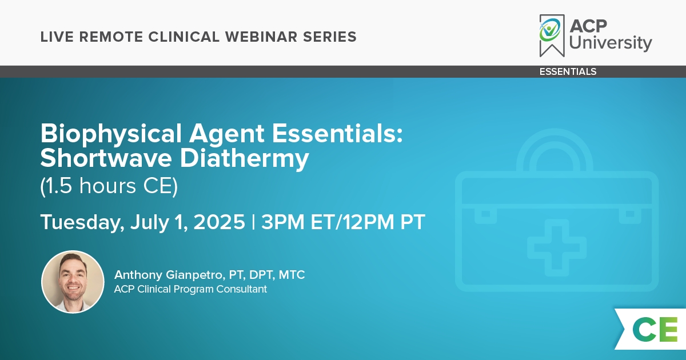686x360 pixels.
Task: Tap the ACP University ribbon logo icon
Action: [552, 35]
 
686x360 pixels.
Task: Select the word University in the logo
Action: [611, 43]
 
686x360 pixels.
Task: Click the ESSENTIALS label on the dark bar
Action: [568, 71]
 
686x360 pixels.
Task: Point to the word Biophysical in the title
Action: [111, 134]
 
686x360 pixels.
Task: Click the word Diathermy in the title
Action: [244, 159]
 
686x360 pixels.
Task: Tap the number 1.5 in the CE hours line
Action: [57, 186]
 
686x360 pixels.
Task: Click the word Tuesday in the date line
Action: [82, 222]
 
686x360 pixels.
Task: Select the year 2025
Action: [220, 222]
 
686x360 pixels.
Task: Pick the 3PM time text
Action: [282, 222]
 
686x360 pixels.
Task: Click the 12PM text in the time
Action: [368, 222]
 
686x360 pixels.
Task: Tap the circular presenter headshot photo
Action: [73, 282]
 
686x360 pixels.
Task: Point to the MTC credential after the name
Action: [292, 275]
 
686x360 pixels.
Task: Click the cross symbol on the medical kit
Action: [556, 247]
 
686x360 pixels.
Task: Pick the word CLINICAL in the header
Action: [184, 37]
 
